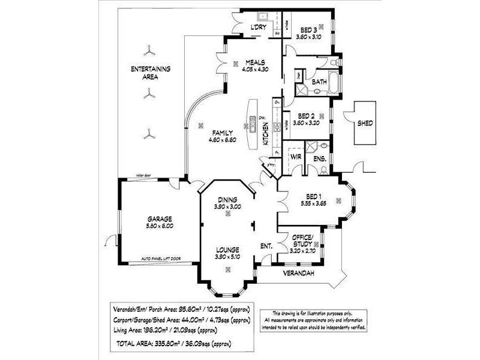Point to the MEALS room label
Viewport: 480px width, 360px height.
pos(254,62)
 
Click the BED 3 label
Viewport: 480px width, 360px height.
pos(309,30)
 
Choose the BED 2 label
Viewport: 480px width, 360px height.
pos(307,116)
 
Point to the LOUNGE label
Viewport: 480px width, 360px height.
pos(227,250)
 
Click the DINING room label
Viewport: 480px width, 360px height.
pos(227,200)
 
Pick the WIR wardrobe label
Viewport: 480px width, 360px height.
pos(295,157)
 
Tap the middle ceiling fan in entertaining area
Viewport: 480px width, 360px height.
pos(148,92)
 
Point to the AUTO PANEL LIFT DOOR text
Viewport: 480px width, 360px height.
pos(161,259)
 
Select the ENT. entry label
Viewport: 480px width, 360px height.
pos(267,246)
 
